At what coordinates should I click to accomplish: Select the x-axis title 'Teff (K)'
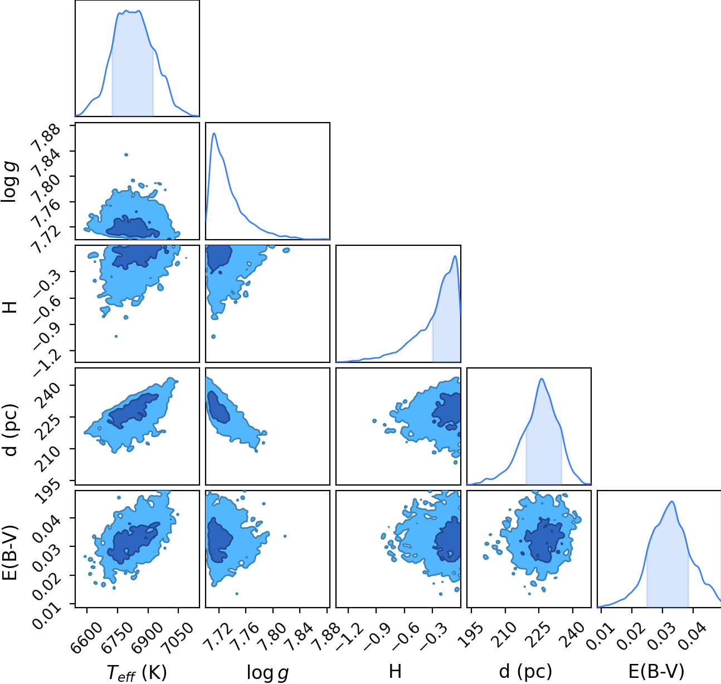pos(137,673)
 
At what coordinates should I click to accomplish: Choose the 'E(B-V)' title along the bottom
pos(656,672)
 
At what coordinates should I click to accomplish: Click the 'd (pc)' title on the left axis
pos(10,430)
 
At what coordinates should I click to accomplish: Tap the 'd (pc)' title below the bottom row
pos(525,672)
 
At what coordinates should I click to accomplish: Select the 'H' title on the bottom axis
pos(395,672)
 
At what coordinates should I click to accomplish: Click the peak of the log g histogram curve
pos(214,133)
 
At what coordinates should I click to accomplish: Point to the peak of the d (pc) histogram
pos(541,379)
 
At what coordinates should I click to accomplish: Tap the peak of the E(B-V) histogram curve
pos(672,501)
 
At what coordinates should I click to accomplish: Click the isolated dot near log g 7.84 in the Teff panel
pos(126,155)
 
